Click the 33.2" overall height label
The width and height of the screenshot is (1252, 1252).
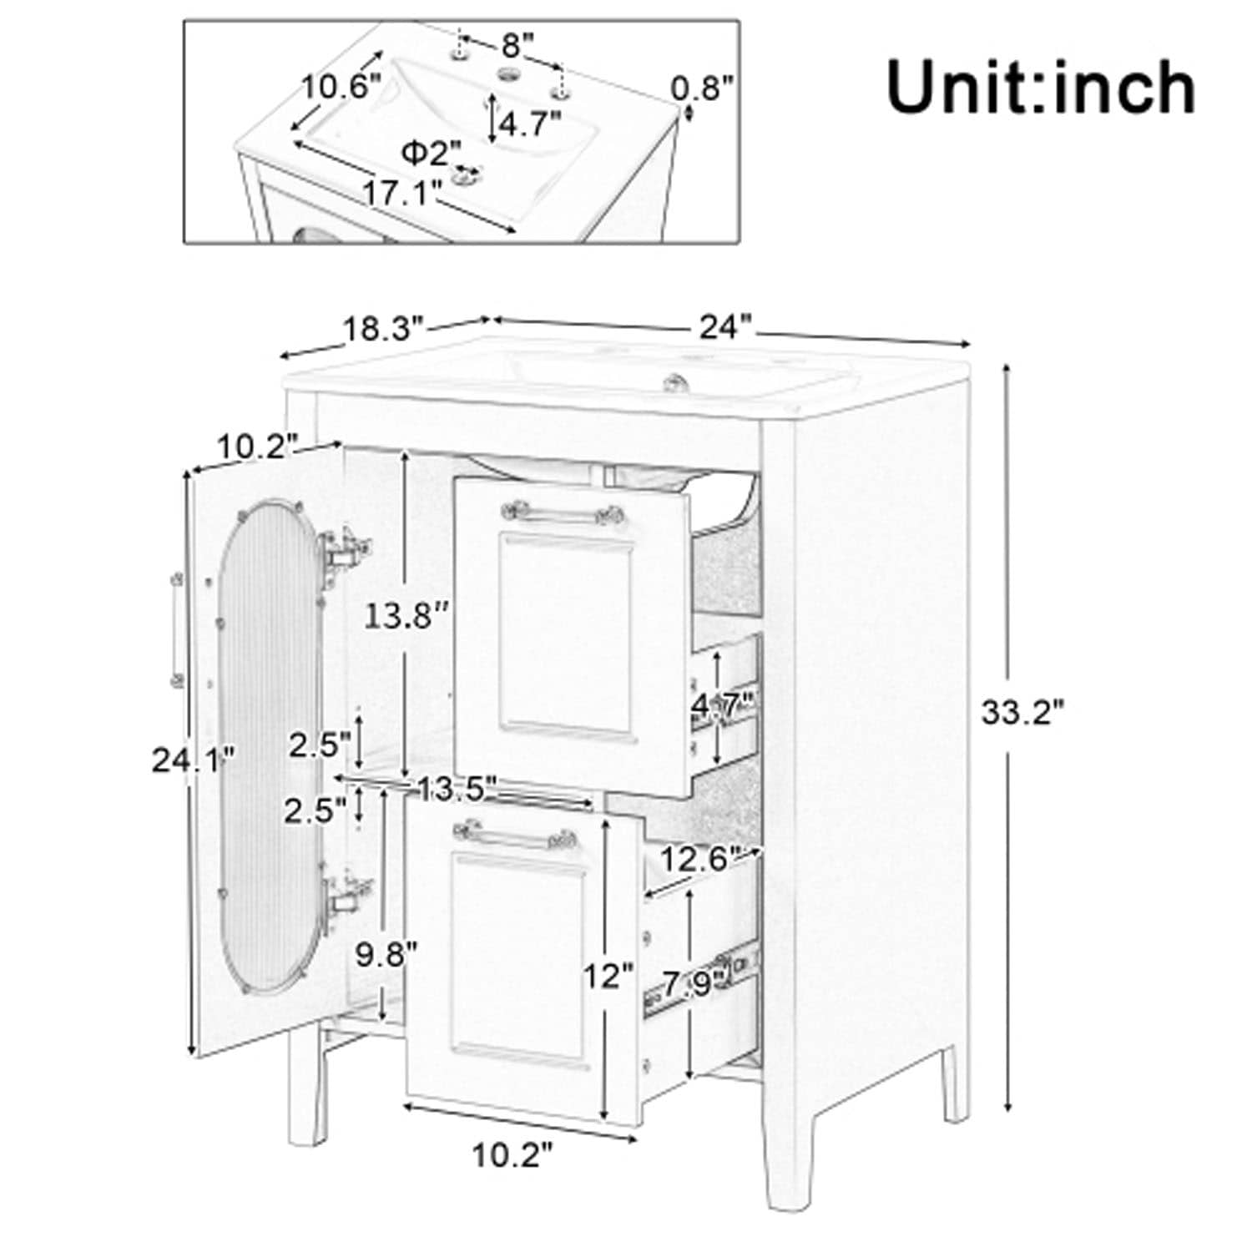(x=1022, y=712)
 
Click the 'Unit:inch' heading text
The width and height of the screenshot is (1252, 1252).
(x=1040, y=87)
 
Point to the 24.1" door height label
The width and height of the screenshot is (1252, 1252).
(x=193, y=760)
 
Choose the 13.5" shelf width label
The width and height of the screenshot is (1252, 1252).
(x=457, y=787)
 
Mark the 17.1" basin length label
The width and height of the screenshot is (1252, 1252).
(x=401, y=193)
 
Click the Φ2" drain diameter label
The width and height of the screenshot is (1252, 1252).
(x=431, y=152)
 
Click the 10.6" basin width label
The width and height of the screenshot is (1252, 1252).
(x=341, y=86)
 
